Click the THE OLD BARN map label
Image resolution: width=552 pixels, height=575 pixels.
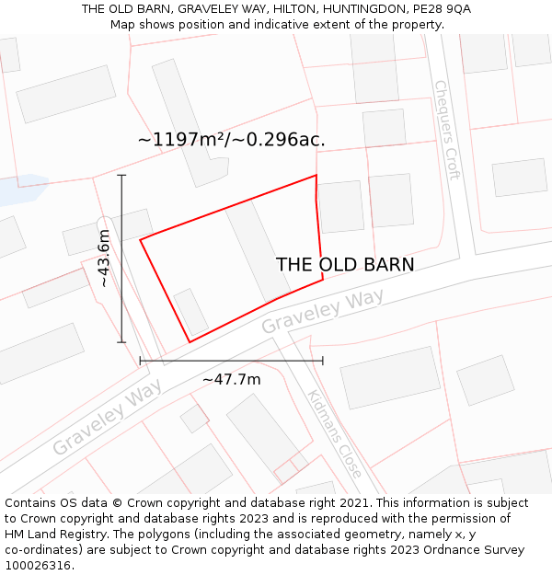pyautogui.click(x=345, y=265)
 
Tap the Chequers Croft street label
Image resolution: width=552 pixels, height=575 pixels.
pyautogui.click(x=446, y=130)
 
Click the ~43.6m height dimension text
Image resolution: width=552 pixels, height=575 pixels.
pyautogui.click(x=105, y=259)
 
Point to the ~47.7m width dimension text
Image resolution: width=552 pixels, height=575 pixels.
pyautogui.click(x=231, y=379)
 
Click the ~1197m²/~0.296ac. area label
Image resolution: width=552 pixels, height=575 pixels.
pyautogui.click(x=232, y=140)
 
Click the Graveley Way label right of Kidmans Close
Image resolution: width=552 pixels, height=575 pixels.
pyautogui.click(x=322, y=312)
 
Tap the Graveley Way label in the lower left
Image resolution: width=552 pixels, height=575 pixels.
pyautogui.click(x=108, y=417)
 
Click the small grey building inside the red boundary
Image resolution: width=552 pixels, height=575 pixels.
pyautogui.click(x=190, y=311)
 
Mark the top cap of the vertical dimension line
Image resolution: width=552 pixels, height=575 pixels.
pyautogui.click(x=121, y=175)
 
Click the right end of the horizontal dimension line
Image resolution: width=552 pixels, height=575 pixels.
pyautogui.click(x=323, y=361)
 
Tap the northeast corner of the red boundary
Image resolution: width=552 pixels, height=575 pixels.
pyautogui.click(x=316, y=175)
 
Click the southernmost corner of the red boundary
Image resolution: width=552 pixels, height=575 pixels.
pyautogui.click(x=190, y=342)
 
